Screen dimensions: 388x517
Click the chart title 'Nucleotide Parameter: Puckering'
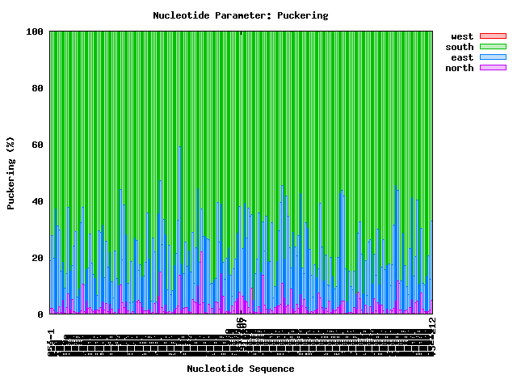coord(241,15)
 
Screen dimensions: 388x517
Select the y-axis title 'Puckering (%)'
coord(11,173)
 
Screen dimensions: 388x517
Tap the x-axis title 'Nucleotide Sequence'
coord(241,369)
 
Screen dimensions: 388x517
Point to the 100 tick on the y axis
coord(36,32)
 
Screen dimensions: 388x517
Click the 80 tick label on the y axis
coord(38,88)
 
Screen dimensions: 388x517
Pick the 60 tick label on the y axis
coord(38,145)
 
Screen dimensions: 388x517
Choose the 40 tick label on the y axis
coord(38,201)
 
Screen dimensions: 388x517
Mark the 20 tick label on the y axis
coord(38,258)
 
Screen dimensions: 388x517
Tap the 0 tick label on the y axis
coord(41,314)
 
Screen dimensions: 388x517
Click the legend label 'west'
coord(462,36)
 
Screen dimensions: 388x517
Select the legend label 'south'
coord(460,47)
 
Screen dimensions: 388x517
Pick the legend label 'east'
coord(462,57)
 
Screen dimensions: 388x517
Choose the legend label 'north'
coord(460,68)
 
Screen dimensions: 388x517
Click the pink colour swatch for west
coord(493,36)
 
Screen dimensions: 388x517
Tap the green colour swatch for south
coord(493,47)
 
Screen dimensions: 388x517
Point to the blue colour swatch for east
coord(493,57)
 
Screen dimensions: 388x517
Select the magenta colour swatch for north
coord(493,68)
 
